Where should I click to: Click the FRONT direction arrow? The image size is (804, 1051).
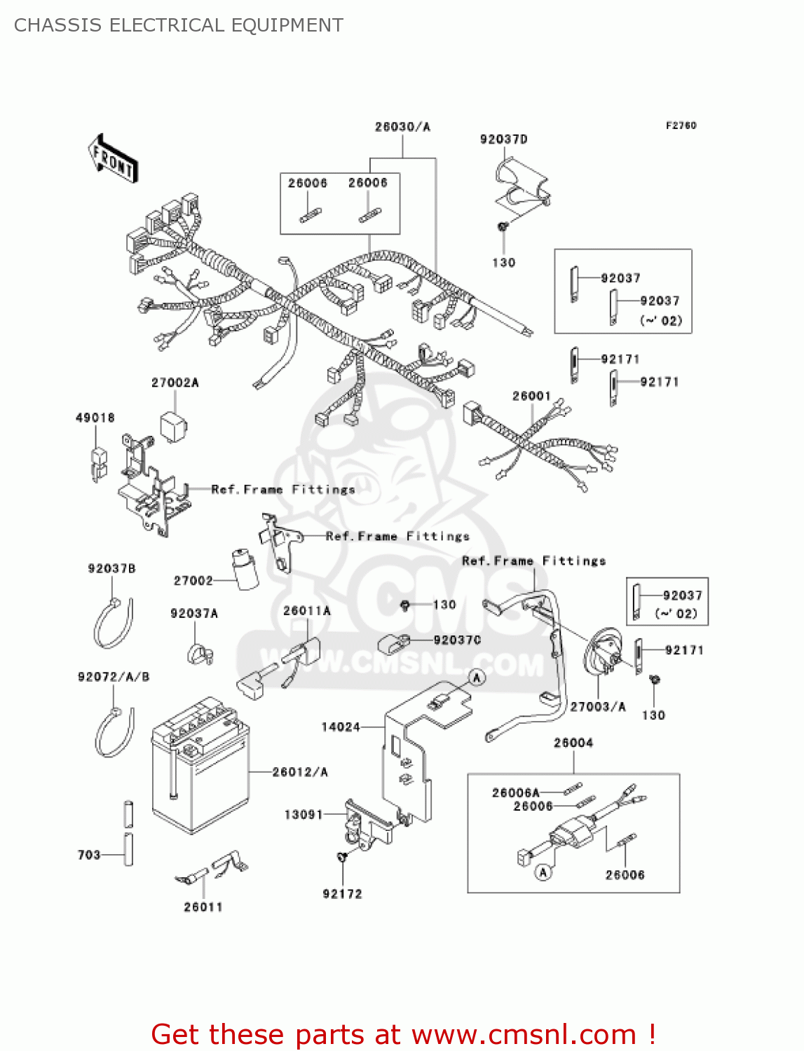[x=113, y=159]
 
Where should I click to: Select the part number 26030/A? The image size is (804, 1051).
[x=402, y=127]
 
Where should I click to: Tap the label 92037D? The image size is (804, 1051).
[x=503, y=139]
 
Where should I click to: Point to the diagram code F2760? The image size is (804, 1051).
[x=681, y=125]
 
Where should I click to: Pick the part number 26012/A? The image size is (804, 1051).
[x=300, y=772]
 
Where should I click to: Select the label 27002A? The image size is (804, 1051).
[x=175, y=383]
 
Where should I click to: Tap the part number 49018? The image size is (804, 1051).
[x=95, y=418]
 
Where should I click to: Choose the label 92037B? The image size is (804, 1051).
[x=111, y=568]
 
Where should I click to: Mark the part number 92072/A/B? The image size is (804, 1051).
[x=114, y=677]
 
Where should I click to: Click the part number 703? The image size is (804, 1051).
[x=89, y=855]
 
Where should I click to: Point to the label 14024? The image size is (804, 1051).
[x=341, y=727]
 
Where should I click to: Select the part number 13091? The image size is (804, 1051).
[x=304, y=814]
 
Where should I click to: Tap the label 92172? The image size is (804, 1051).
[x=342, y=894]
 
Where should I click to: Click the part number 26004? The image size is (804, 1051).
[x=573, y=743]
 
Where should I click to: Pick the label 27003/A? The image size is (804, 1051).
[x=598, y=706]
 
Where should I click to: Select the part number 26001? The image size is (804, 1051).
[x=531, y=396]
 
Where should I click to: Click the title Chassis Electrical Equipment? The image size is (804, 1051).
[x=179, y=25]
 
